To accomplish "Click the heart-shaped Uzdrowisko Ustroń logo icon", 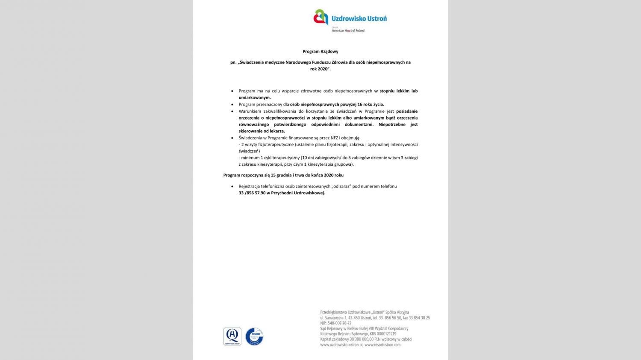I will (x=321, y=18).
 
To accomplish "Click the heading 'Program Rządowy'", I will (x=320, y=52).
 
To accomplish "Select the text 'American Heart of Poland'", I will (x=348, y=31).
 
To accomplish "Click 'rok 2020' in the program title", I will (x=320, y=69).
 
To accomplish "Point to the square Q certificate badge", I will (x=232, y=337).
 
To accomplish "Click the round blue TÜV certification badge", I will (x=254, y=337).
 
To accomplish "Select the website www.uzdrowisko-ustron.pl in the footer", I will (x=341, y=345).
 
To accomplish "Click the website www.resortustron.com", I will (x=382, y=345).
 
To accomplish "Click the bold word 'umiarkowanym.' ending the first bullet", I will (x=255, y=97).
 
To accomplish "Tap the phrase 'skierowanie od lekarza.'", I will (x=262, y=131).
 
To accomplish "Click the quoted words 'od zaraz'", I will (x=341, y=186).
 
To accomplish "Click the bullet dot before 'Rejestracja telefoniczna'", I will (x=232, y=187).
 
